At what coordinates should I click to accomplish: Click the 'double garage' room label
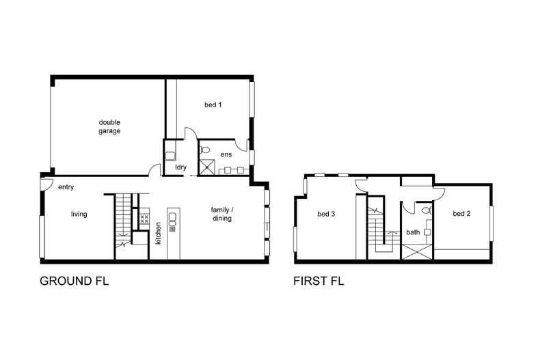(109, 126)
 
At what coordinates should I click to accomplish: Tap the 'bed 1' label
(213, 105)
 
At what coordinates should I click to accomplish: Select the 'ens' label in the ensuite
(226, 154)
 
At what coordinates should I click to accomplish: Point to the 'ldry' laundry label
(181, 167)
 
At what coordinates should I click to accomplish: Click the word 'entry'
(66, 187)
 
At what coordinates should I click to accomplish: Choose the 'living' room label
(79, 214)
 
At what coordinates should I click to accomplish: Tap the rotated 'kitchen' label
(158, 233)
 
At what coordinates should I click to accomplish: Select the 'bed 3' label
(326, 214)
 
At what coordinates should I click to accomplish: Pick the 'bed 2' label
(461, 214)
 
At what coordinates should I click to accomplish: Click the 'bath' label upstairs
(413, 232)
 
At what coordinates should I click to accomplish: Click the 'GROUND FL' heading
(75, 281)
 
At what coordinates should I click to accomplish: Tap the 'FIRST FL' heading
(319, 281)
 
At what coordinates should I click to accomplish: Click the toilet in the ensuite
(204, 150)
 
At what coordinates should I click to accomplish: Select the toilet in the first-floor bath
(427, 210)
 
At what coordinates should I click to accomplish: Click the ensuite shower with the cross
(207, 167)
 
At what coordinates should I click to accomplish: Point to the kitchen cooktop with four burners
(144, 219)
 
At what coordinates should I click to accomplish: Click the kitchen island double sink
(172, 219)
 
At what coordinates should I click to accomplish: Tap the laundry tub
(170, 156)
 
